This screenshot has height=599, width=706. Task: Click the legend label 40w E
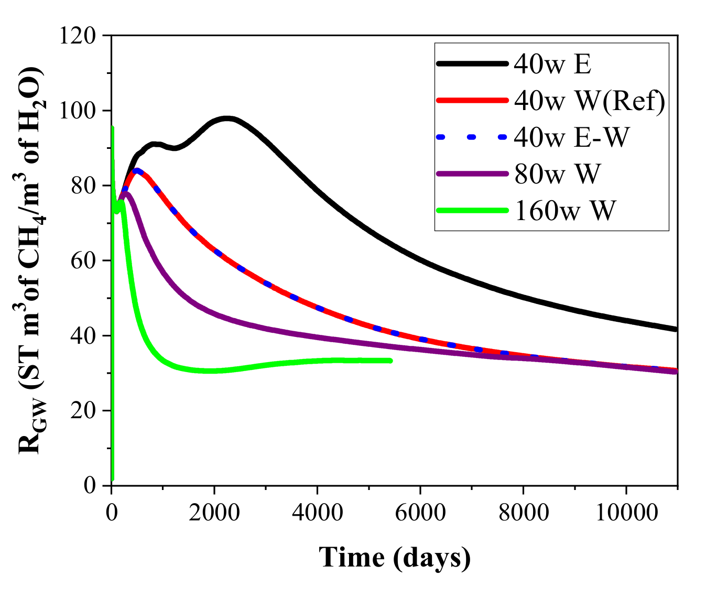pos(552,64)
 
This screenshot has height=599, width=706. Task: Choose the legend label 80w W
pos(557,174)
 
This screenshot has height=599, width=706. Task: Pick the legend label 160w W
pos(564,211)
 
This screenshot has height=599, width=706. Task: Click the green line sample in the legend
pos(472,211)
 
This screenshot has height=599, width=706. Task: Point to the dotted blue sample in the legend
pos(472,137)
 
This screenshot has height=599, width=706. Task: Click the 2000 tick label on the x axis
pos(214,511)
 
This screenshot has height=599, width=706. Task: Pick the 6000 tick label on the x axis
pos(420,511)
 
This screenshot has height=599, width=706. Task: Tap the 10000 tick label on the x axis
pos(626,511)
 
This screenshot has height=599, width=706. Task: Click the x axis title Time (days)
pos(395,557)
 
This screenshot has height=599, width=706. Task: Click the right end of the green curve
pos(390,361)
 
